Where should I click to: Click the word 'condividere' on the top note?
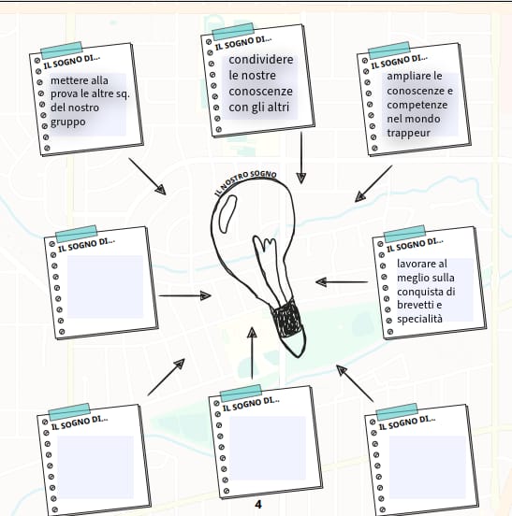[260, 60]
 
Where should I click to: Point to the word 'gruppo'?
[68, 122]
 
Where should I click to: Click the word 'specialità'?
[419, 319]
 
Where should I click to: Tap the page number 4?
[258, 504]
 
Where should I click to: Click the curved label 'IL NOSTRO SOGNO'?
[245, 181]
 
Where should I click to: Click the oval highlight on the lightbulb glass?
[228, 214]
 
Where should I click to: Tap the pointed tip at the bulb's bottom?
[298, 356]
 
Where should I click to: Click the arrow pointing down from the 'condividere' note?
[301, 158]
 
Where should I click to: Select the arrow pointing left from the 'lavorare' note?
[342, 282]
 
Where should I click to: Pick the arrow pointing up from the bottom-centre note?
[252, 352]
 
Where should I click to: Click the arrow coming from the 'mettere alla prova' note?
[147, 177]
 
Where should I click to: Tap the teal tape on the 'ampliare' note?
[389, 50]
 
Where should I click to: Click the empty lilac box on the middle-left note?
[105, 287]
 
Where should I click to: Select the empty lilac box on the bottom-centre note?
[268, 448]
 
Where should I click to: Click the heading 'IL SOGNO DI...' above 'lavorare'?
[415, 244]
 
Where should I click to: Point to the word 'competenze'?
[417, 105]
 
